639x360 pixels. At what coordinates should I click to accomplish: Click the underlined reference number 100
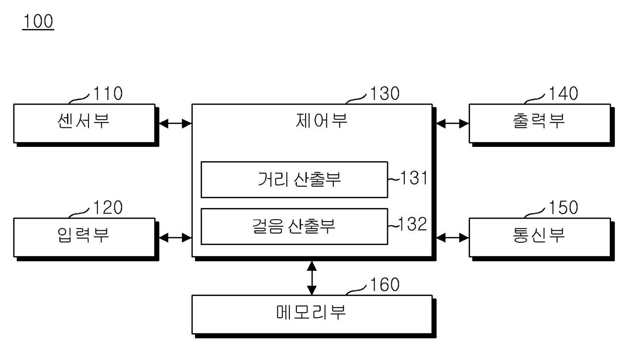[x=38, y=21]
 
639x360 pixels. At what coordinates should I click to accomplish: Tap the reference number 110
[x=108, y=93]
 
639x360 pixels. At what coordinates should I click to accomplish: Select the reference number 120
[x=108, y=207]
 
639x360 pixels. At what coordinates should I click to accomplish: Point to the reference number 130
[x=384, y=93]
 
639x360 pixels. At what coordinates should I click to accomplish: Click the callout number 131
[x=413, y=178]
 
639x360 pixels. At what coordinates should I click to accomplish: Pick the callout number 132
[x=412, y=224]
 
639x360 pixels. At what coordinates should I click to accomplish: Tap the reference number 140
[x=564, y=93]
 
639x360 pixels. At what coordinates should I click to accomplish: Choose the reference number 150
[x=564, y=207]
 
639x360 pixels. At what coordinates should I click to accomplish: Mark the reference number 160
[x=384, y=284]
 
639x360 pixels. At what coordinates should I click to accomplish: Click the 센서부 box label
[x=83, y=121]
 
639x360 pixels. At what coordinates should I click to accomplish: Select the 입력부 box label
[x=83, y=235]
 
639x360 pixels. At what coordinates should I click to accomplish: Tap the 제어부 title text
[x=321, y=120]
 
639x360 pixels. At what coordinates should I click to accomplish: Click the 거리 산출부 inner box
[x=294, y=180]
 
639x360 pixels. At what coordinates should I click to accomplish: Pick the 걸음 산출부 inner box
[x=294, y=227]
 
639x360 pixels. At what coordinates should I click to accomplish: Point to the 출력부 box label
[x=539, y=121]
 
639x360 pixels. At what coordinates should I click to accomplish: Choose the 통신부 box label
[x=539, y=235]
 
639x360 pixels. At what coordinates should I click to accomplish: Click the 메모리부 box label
[x=311, y=312]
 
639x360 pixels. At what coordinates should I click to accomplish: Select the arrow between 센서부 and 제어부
[x=175, y=124]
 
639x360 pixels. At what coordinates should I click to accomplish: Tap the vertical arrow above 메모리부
[x=312, y=278]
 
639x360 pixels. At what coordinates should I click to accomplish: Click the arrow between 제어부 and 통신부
[x=453, y=238]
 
